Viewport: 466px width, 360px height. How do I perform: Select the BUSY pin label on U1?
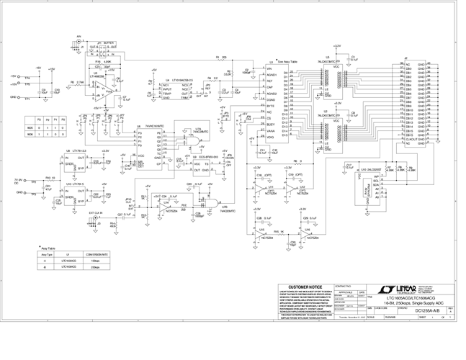click(x=272, y=124)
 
